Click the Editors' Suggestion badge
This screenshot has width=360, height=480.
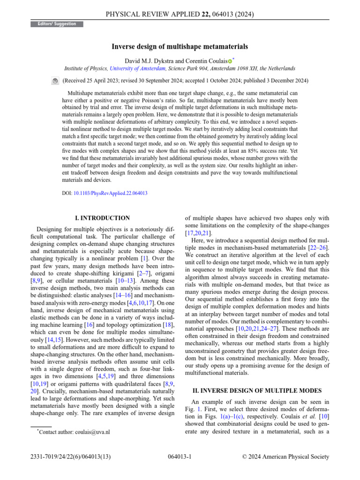[x=57, y=24]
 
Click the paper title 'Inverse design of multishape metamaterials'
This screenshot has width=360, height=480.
[x=180, y=46]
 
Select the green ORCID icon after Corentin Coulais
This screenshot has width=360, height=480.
[x=230, y=61]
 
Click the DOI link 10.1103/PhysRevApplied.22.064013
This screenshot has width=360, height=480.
[x=111, y=193]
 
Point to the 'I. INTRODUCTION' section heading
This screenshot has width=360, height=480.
[x=103, y=218]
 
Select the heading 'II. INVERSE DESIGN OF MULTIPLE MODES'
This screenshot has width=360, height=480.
[x=257, y=390]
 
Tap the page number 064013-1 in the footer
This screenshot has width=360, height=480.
[x=180, y=457]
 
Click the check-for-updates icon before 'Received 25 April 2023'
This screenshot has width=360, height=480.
[x=55, y=81]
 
